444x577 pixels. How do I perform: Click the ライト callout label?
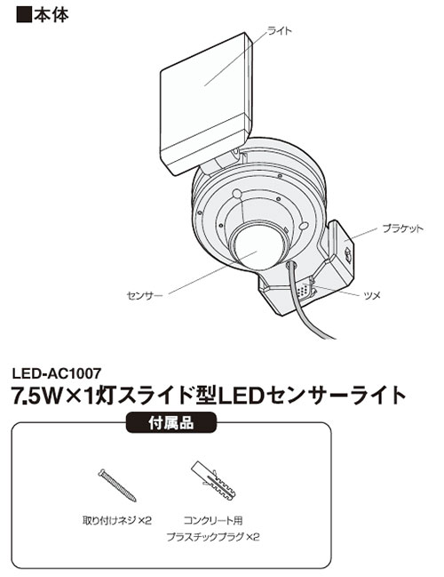280,30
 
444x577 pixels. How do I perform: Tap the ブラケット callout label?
403,228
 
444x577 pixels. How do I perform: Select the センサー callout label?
145,295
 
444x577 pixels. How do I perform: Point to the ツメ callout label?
372,295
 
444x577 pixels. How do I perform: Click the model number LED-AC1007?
57,373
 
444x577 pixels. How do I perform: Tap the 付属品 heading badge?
170,423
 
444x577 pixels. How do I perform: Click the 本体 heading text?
52,15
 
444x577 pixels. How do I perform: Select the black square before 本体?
23,15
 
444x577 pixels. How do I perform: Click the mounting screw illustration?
117,485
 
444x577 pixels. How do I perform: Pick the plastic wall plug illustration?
214,480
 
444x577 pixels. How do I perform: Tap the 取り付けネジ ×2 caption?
117,521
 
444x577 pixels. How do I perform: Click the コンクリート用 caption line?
213,521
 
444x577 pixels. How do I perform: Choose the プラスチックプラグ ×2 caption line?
213,537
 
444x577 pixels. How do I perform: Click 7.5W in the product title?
36,396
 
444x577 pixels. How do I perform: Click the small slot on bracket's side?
347,254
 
